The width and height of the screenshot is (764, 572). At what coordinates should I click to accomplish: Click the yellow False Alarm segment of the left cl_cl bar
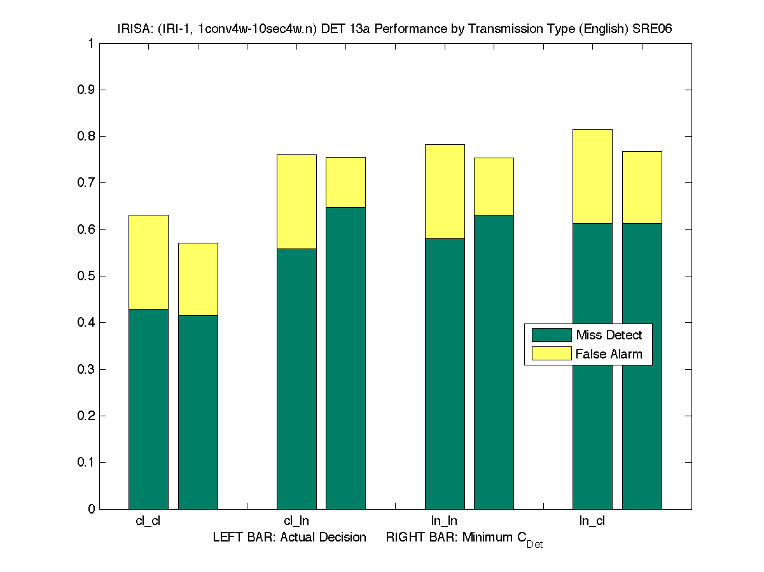pos(148,262)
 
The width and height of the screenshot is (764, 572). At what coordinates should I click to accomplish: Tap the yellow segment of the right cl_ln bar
pos(345,182)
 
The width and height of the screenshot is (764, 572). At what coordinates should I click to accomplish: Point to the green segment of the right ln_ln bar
pos(494,362)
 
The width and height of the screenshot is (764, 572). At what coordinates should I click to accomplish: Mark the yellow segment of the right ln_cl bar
pos(642,187)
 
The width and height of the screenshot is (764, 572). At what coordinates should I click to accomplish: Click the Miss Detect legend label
pos(609,335)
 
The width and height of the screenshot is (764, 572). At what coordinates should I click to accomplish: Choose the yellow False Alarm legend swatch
pos(551,354)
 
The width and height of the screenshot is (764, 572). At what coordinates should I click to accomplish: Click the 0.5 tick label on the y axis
pos(86,276)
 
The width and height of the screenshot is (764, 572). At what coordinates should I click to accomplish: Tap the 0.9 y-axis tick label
pos(86,90)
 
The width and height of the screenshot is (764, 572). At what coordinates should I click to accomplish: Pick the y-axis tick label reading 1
pos(91,44)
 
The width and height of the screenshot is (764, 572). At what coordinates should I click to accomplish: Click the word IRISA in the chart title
pos(132,29)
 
